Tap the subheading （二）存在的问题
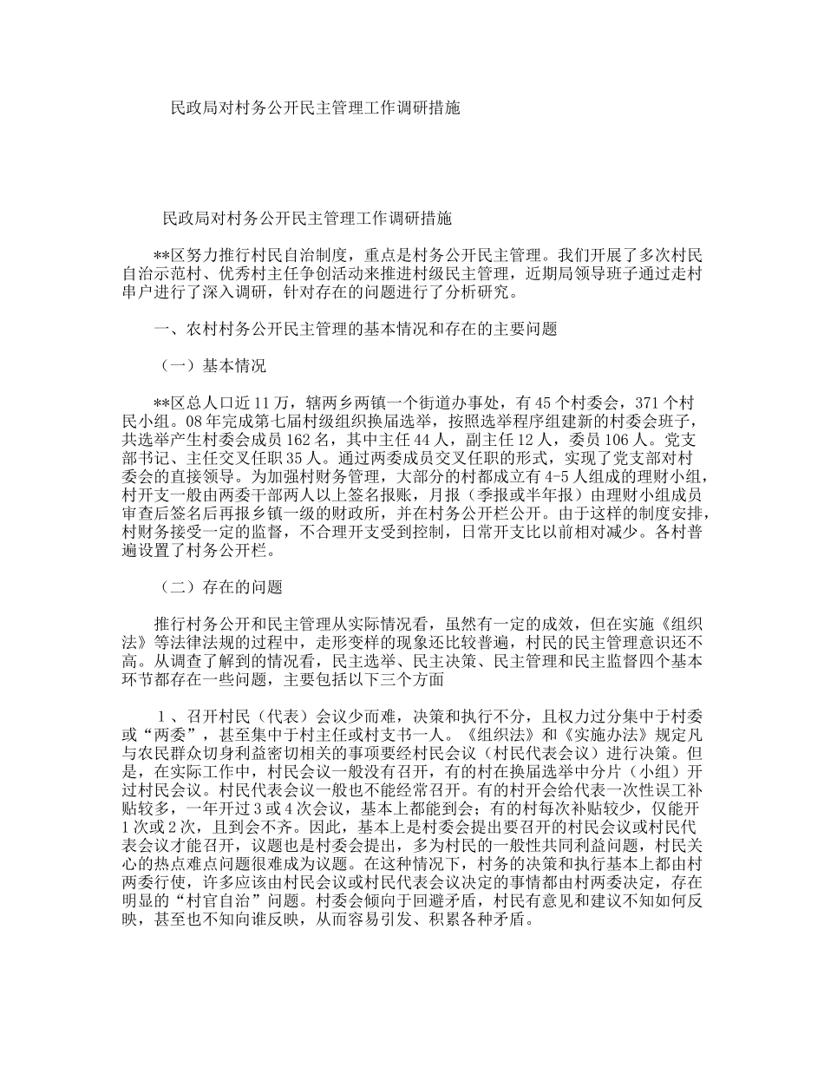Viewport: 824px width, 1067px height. tap(221, 587)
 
